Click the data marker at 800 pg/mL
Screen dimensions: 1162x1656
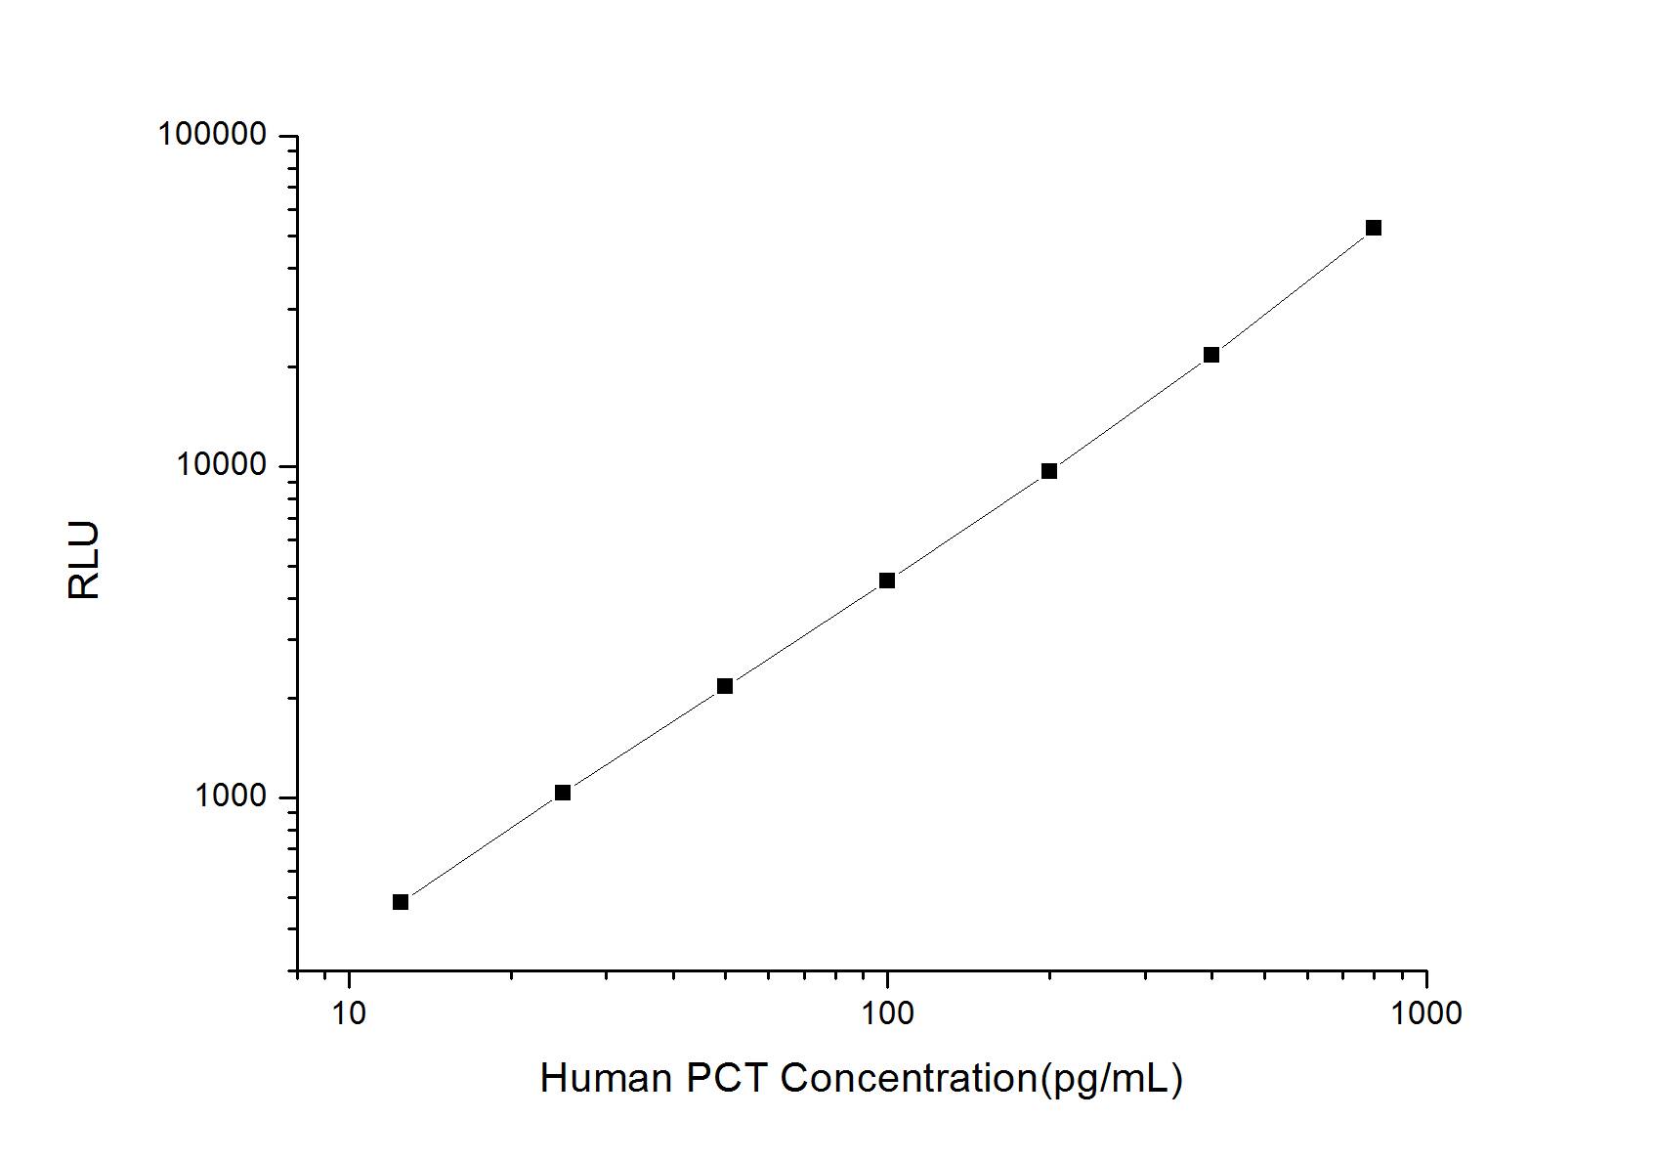pos(1373,228)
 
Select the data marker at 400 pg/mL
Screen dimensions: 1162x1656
pos(1210,355)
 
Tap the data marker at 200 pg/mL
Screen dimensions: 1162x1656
pos(1048,471)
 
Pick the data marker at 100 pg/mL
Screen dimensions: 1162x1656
pos(886,581)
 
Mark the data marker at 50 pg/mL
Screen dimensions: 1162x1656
pos(724,686)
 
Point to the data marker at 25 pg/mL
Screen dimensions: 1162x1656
pos(562,793)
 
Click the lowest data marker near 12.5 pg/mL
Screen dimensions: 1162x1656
pos(400,902)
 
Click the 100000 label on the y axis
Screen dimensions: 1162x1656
pos(212,135)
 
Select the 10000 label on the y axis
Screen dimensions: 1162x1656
pos(222,466)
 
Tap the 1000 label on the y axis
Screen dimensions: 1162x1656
pos(231,797)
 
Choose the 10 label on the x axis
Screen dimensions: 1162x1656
pos(349,1013)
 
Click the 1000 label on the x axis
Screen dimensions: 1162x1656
pos(1425,1013)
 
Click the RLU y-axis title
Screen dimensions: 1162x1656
pos(84,561)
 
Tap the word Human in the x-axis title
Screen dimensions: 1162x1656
pos(606,1079)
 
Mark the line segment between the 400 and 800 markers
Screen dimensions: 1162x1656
pos(1292,291)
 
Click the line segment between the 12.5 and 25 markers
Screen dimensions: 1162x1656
pos(481,847)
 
